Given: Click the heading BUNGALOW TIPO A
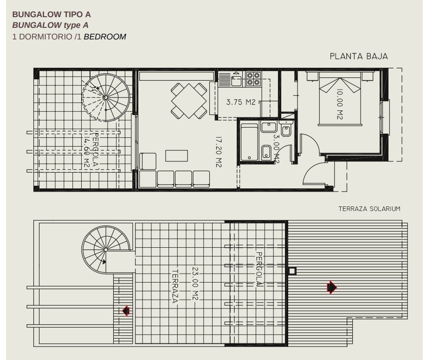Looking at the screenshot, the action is (x=52, y=14).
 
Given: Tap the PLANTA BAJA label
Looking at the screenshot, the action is (x=359, y=56).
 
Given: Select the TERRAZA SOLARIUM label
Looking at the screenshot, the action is (x=369, y=209).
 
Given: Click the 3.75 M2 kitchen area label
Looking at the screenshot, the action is (x=241, y=102).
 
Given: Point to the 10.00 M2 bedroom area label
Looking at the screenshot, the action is (x=339, y=104).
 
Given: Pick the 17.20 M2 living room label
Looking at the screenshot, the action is (x=219, y=152).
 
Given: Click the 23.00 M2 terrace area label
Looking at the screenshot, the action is (x=195, y=283).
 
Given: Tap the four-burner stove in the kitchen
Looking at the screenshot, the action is (x=253, y=79).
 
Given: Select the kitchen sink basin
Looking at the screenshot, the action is (x=236, y=81).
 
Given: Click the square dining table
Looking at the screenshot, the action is (x=189, y=101).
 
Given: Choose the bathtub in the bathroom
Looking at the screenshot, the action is (x=249, y=142).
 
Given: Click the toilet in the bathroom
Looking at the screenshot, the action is (x=285, y=130).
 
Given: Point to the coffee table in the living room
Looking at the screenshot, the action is (x=176, y=156).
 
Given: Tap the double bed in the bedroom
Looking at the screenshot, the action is (x=340, y=98).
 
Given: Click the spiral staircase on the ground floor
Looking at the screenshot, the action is (x=106, y=97).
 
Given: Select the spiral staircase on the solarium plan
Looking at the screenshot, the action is (x=106, y=250).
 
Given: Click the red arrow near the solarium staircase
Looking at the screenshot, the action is (x=125, y=310).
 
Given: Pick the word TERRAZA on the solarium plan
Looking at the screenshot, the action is (x=175, y=286).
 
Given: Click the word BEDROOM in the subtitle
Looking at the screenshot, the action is (x=105, y=37).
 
